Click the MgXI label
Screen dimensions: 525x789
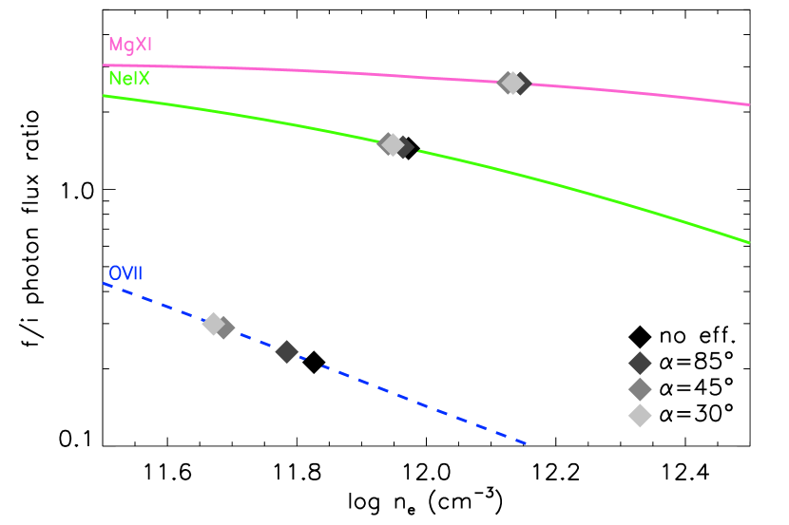129,45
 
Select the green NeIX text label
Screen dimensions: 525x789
128,79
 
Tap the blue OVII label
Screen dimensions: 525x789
125,273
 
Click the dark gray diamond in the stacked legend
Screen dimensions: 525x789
640,364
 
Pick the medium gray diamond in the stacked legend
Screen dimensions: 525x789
640,389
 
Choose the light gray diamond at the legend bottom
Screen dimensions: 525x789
640,416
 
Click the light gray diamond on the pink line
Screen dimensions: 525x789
511,83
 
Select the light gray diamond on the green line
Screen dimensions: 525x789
392,144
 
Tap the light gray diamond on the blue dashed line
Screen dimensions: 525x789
214,324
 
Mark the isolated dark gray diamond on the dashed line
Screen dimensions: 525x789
287,351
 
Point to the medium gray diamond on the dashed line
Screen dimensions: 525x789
224,328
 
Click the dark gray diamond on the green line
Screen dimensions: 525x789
404,147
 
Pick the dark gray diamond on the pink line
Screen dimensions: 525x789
521,84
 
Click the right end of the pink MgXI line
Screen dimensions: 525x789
748,104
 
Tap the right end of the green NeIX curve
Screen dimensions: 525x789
748,242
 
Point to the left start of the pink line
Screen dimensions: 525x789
105,66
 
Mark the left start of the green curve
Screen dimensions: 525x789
105,96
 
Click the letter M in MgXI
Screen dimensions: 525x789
114,45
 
